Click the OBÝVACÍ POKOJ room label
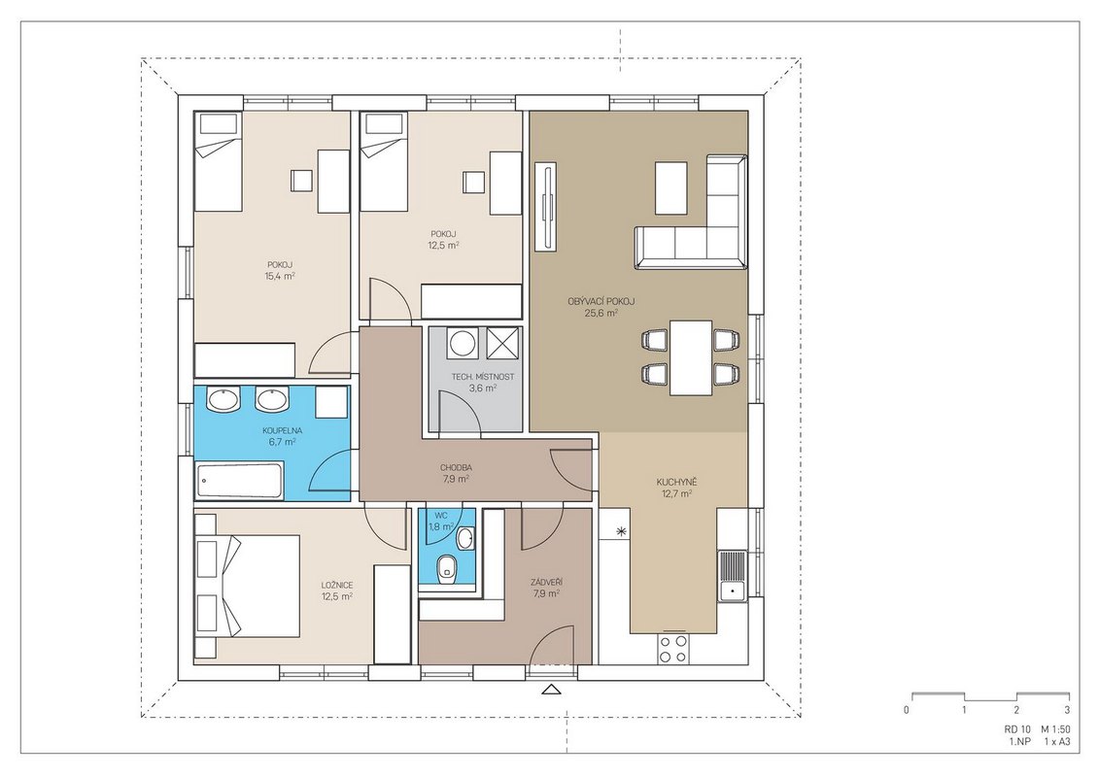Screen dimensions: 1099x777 pyautogui.click(x=601, y=301)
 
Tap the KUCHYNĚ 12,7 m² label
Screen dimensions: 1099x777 pyautogui.click(x=676, y=488)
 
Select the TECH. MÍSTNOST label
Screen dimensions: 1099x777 pyautogui.click(x=482, y=376)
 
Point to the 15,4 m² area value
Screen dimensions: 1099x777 pyautogui.click(x=279, y=276)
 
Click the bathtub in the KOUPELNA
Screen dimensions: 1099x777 pyautogui.click(x=239, y=481)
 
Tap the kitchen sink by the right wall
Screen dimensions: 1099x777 pyautogui.click(x=732, y=575)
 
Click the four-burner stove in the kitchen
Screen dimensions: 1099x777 pyautogui.click(x=672, y=648)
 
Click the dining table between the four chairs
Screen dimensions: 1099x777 pyautogui.click(x=691, y=356)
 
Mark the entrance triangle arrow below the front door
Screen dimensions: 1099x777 pyautogui.click(x=552, y=689)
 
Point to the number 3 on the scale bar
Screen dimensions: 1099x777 pyautogui.click(x=1067, y=710)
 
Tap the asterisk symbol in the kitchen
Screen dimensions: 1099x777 pyautogui.click(x=620, y=532)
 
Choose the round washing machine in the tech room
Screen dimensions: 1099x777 pyautogui.click(x=462, y=343)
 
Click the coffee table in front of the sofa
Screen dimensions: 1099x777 pyautogui.click(x=670, y=187)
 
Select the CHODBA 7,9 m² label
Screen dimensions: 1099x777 pyautogui.click(x=456, y=473)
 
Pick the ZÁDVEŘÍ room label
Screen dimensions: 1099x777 pyautogui.click(x=547, y=582)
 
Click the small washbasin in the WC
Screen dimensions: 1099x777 pyautogui.click(x=464, y=538)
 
